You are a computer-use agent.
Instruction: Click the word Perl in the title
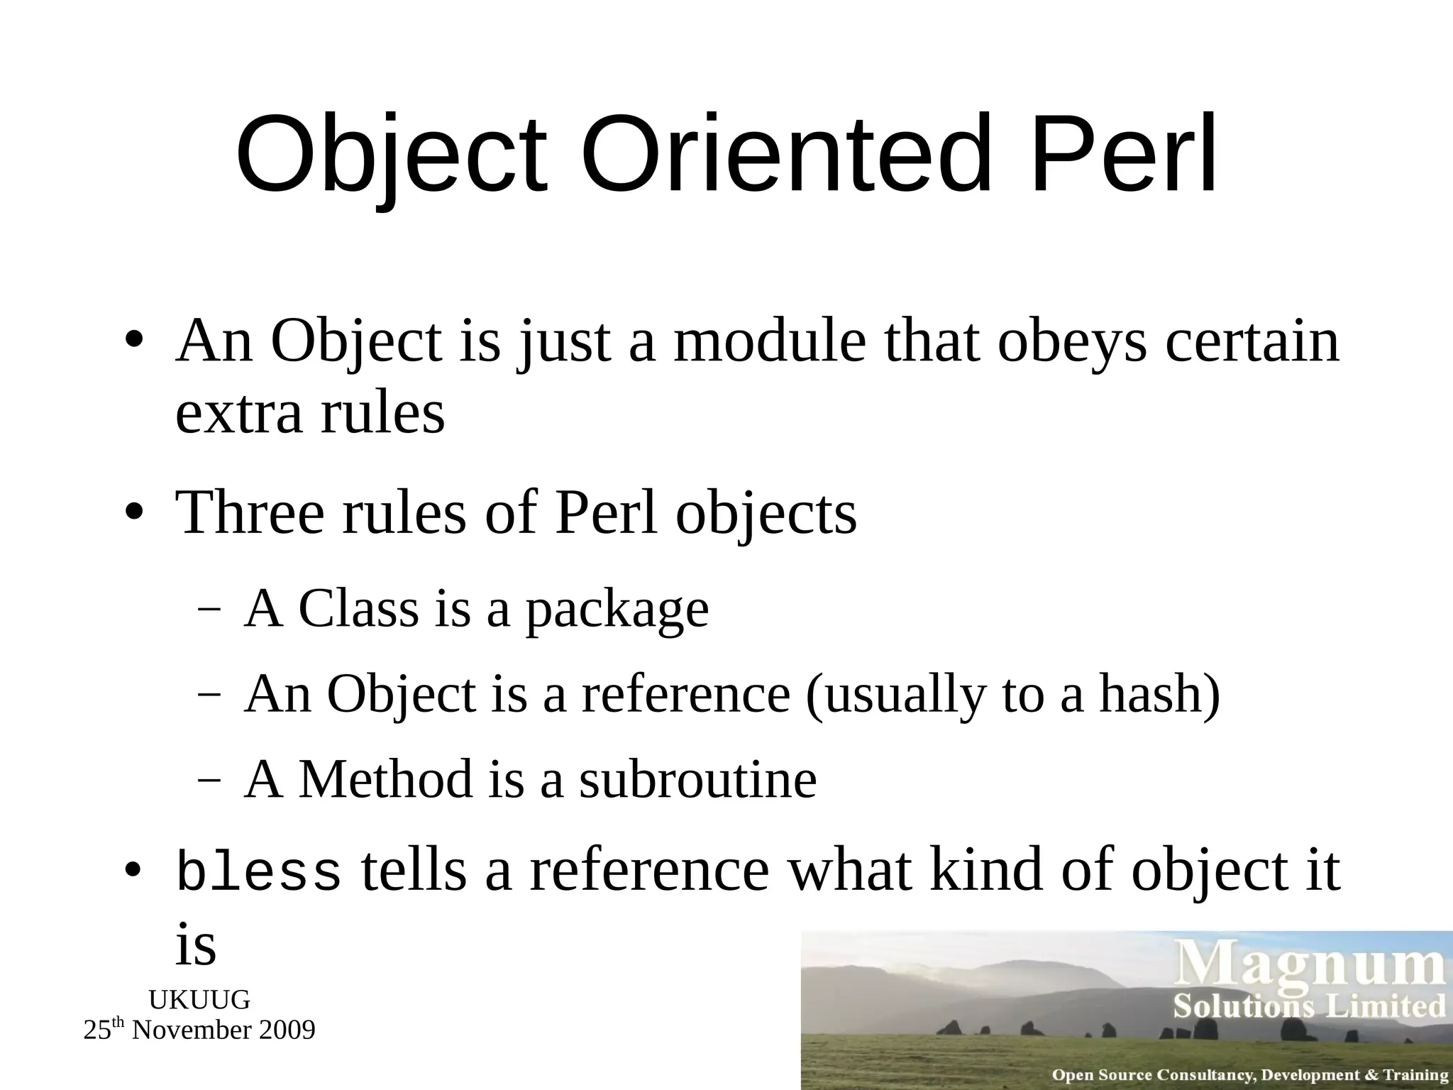coord(1125,154)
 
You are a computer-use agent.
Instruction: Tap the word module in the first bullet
coord(770,342)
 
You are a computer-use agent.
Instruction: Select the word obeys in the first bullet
coord(1072,342)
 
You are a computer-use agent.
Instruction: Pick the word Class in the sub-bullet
coord(359,609)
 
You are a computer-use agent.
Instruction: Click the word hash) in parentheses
coord(1160,695)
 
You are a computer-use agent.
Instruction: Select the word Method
coord(386,779)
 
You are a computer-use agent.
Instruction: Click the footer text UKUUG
coord(199,1000)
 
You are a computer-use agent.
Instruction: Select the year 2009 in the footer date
coord(288,1030)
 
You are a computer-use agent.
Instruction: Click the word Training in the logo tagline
coord(1416,1075)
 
